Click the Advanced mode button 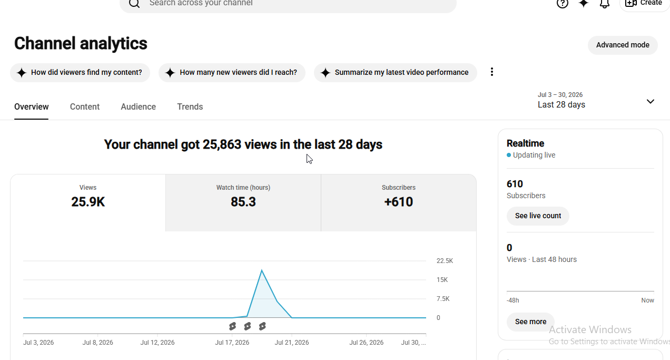pos(623,45)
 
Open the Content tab pos(85,107)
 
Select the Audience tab pos(138,107)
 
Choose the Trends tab pos(190,107)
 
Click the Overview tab pos(32,107)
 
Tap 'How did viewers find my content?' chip pos(80,72)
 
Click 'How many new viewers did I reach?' pos(232,72)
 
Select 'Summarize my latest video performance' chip pos(395,72)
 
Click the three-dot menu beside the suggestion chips pos(492,72)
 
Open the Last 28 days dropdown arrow pos(651,101)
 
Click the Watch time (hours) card pos(243,202)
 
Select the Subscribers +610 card pos(398,202)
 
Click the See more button pos(530,322)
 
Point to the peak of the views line pos(262,270)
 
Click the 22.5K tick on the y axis pos(445,261)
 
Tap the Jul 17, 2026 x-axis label pos(232,343)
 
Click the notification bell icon pos(605,3)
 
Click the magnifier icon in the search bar pos(134,3)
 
